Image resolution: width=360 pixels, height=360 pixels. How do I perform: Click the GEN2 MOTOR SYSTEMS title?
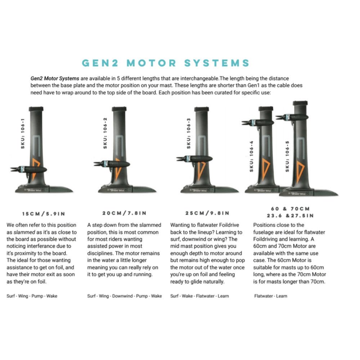pos(166,63)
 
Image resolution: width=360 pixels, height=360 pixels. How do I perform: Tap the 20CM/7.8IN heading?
pos(125,213)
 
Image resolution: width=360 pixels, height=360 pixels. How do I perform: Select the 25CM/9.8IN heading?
pos(208,213)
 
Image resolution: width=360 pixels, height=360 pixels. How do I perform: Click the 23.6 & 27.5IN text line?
pos(290,216)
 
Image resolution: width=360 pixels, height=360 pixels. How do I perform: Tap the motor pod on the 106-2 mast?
pos(115,163)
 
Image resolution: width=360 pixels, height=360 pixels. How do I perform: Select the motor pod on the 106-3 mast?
pos(198,158)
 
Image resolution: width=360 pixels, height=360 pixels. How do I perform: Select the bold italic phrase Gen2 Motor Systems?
pos(54,78)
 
